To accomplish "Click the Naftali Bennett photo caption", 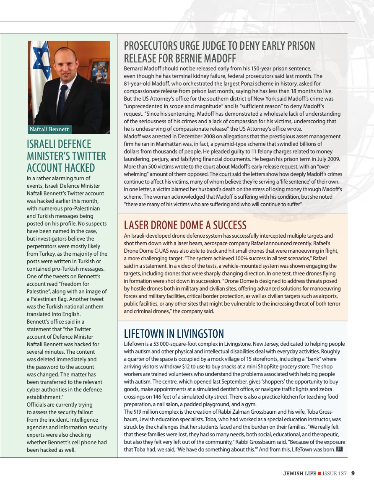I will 49,129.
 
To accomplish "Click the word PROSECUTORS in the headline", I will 154,46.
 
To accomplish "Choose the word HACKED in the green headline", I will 78,168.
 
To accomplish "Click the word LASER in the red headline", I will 138,226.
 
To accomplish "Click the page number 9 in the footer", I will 353,474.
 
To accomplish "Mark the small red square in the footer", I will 319,474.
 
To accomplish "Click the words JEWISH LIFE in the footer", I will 299,474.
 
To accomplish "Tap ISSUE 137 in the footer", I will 335,474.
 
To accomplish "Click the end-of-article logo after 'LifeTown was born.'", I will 340,449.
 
